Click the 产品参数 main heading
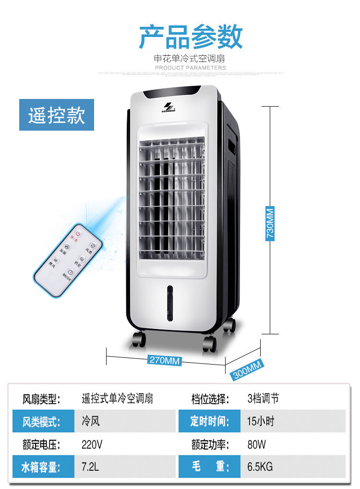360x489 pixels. tap(191, 37)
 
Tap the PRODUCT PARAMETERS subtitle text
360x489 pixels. tap(191, 68)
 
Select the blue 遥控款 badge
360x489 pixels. tap(56, 115)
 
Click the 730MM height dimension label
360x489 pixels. tap(271, 223)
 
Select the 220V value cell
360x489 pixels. tap(92, 445)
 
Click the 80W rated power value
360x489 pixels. tap(256, 445)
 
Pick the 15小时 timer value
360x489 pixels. tap(261, 422)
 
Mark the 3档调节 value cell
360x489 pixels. tap(263, 399)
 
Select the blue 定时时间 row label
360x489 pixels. tap(209, 422)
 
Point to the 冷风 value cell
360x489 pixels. tap(91, 422)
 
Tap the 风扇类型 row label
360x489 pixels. tap(42, 399)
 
